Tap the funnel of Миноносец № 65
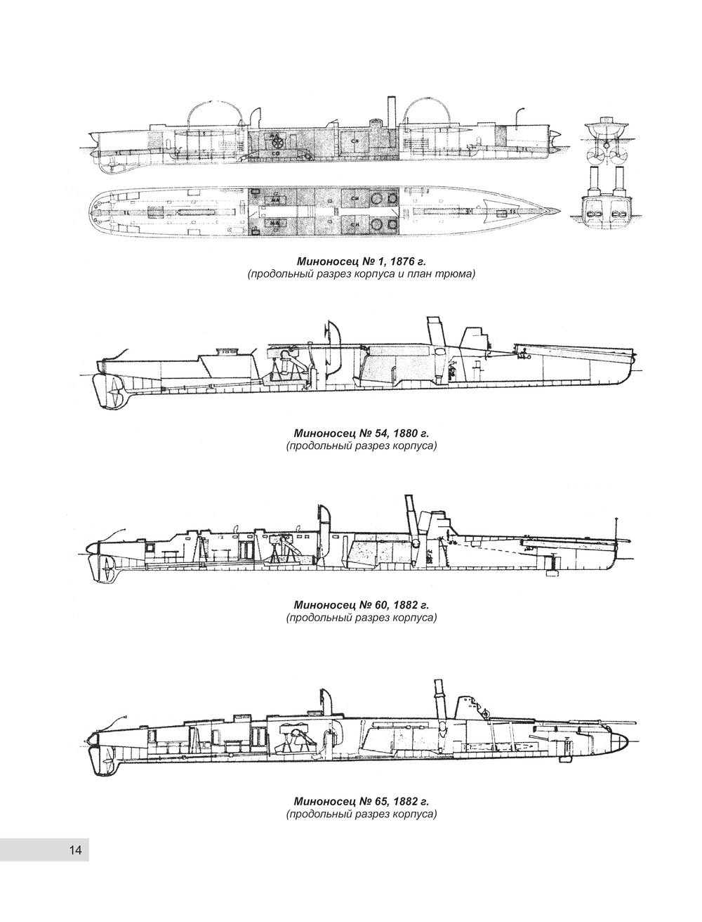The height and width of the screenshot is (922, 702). [x=439, y=699]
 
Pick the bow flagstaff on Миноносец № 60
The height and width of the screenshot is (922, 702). [x=616, y=531]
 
